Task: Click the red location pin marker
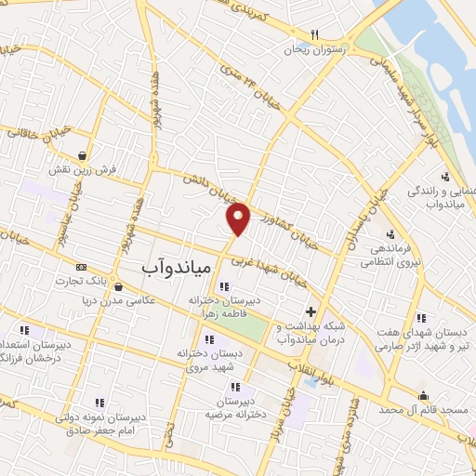click(239, 218)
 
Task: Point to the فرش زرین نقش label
click(84, 170)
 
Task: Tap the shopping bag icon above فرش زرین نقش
click(84, 155)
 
